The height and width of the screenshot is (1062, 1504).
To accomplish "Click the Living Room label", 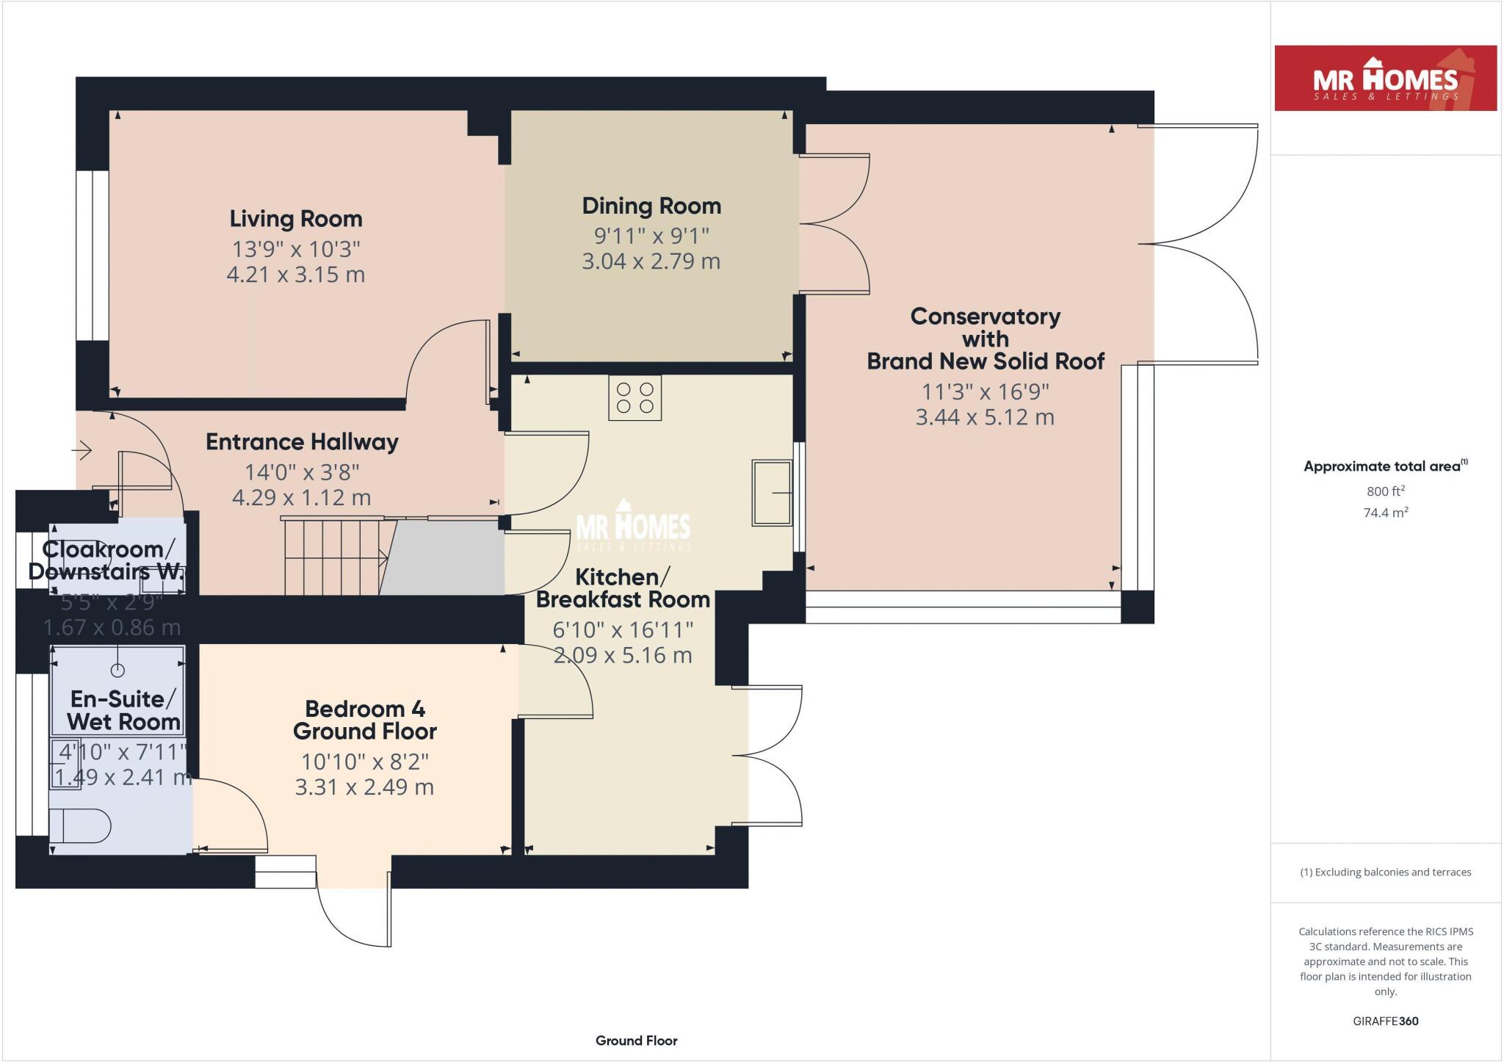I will pos(296,219).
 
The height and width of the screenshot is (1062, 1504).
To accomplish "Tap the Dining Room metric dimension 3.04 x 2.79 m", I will pos(651,261).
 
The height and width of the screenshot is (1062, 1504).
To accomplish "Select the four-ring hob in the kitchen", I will pos(635,398).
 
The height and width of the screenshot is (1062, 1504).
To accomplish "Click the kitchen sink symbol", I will pos(772,493).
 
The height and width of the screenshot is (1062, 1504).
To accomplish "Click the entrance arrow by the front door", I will pos(82,449).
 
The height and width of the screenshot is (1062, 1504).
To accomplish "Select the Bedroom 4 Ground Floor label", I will pos(365,720).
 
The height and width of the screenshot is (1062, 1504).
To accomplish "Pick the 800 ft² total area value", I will pos(1385,491).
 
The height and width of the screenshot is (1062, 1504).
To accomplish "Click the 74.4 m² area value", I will pos(1385,513).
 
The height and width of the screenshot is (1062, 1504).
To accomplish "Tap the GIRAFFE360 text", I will pos(1385,1021).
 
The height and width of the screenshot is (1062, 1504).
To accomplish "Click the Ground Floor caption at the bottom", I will pos(636,1041).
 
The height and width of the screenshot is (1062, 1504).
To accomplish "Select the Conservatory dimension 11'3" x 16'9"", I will pos(985,392).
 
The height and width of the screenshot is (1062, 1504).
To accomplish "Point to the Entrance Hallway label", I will pos(302,442).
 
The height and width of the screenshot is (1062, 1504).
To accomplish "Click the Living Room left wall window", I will pos(93,256).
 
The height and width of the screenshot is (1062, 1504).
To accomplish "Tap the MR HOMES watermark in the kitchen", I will pos(632,527).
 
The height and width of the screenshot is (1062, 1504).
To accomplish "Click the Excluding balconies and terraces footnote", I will pos(1385,873).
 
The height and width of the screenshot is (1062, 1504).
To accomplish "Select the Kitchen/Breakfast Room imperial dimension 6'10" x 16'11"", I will pos(623,630).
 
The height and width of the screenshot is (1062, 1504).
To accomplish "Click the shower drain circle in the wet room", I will pos(117,670).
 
